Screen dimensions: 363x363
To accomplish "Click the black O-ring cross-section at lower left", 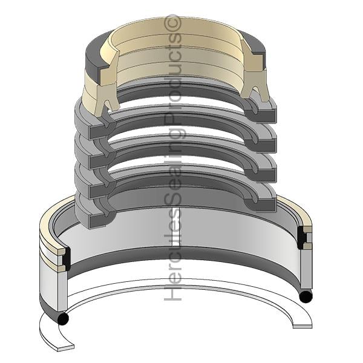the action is [x=63, y=319].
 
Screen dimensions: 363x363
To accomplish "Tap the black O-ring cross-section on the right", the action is [x=306, y=296].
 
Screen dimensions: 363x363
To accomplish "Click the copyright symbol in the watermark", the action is [x=172, y=23].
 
